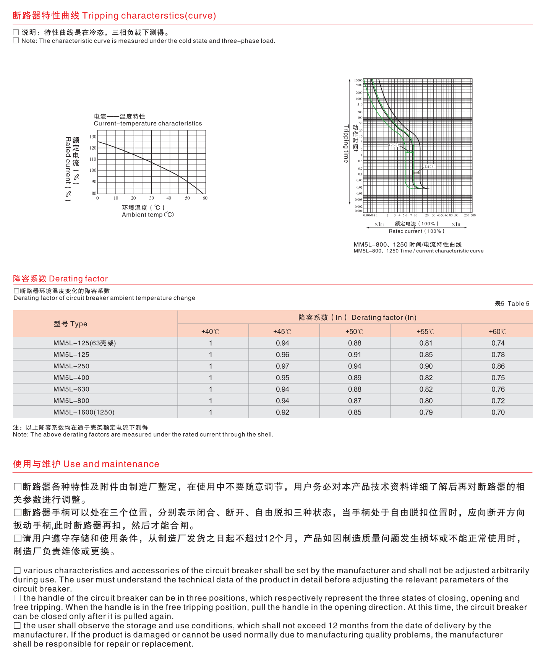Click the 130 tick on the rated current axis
point(93,137)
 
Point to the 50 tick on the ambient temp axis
point(187,198)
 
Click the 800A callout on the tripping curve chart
point(429,167)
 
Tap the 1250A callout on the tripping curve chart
point(394,145)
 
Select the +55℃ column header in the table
point(426,332)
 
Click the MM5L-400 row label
point(71,378)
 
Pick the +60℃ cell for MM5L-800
point(498,401)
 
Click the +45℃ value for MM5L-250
point(282,366)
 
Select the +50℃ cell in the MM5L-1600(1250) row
point(355,412)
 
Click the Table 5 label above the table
point(512,304)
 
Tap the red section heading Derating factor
point(60,278)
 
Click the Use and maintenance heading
point(86,464)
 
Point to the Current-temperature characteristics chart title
point(147,124)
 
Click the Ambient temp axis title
point(147,215)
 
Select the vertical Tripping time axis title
point(346,144)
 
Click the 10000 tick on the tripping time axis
point(358,80)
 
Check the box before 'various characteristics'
point(17,571)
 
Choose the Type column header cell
point(71,324)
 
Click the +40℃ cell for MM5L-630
point(211,389)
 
